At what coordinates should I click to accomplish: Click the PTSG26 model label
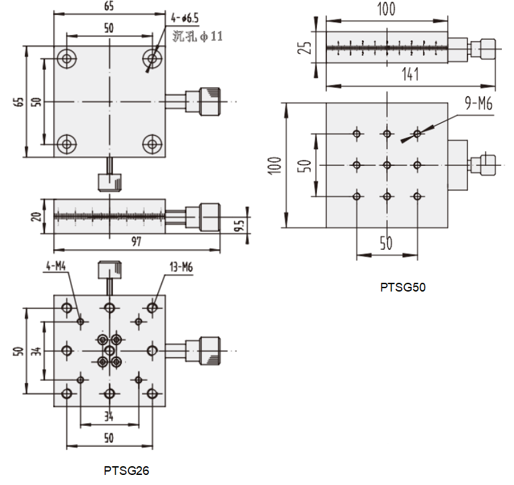point(126,471)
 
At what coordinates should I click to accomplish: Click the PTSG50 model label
point(403,288)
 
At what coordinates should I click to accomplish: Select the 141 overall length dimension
point(410,75)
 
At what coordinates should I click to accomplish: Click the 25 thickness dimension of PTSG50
point(305,48)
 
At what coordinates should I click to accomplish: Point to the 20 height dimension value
point(42,216)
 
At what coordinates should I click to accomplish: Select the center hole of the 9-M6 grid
point(387,165)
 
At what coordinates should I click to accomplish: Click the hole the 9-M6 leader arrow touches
point(418,134)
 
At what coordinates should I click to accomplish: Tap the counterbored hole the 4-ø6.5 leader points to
point(153,59)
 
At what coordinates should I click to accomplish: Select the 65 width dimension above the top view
point(108,6)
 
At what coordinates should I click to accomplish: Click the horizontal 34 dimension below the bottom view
point(108,416)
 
